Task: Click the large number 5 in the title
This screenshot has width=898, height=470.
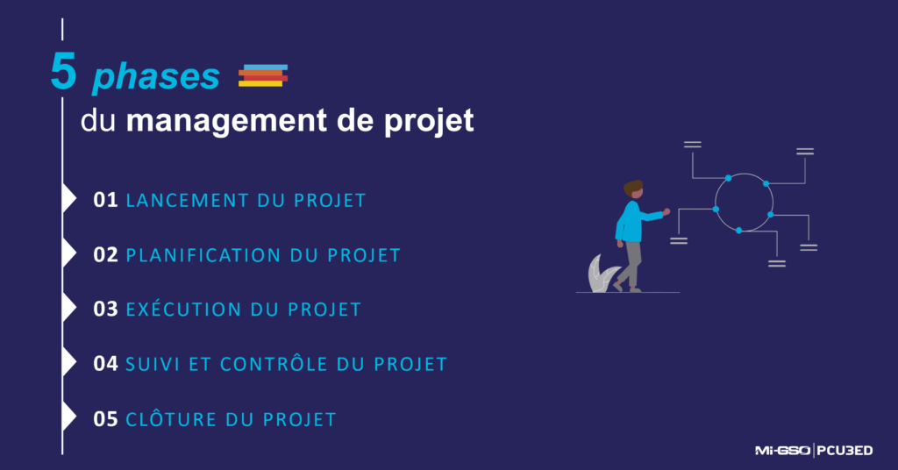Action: tap(63, 74)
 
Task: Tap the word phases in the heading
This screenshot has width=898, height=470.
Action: tap(156, 77)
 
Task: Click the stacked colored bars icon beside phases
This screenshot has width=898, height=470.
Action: tap(263, 75)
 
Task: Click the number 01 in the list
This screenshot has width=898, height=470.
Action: tap(105, 200)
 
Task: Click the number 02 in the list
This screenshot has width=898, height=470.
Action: tap(105, 255)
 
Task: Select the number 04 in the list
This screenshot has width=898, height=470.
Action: tap(105, 364)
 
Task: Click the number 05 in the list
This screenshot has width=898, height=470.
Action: tap(105, 419)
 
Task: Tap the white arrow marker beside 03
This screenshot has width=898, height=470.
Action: tap(69, 309)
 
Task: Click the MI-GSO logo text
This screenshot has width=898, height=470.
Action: tap(782, 451)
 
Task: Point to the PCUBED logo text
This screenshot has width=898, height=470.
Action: tap(845, 451)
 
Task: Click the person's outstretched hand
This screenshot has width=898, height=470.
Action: tap(666, 211)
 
